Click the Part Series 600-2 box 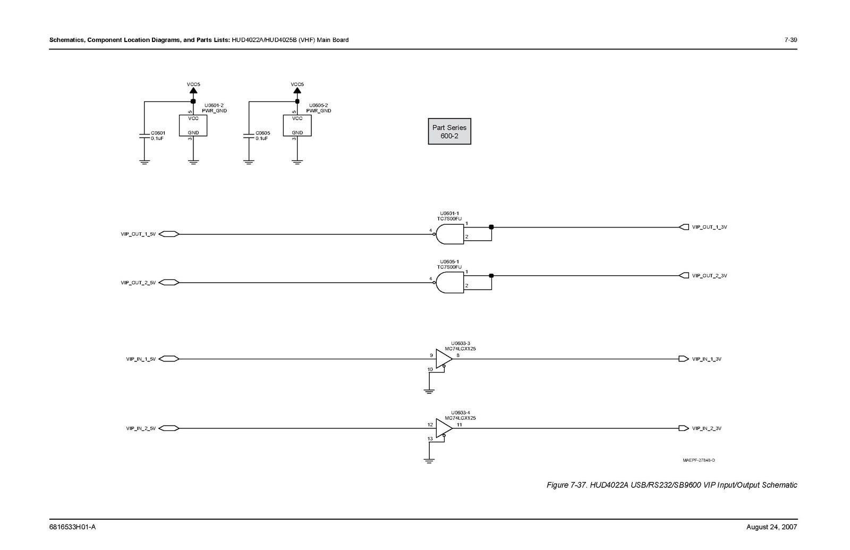click(x=449, y=131)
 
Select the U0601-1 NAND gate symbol click(x=449, y=234)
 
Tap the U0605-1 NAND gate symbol click(x=449, y=283)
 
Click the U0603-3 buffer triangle click(x=443, y=359)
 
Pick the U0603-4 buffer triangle click(x=443, y=428)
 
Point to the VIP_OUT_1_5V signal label click(x=138, y=234)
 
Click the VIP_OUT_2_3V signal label click(x=709, y=276)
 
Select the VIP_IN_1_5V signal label click(x=141, y=359)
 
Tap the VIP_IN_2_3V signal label click(x=707, y=428)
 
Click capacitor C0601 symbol click(x=144, y=136)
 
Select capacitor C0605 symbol click(x=248, y=136)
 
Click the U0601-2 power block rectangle click(x=193, y=125)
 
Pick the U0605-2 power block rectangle click(x=297, y=125)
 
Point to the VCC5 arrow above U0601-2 click(x=193, y=92)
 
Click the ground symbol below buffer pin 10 click(x=429, y=392)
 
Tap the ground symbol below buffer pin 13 click(x=429, y=461)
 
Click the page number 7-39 click(x=790, y=40)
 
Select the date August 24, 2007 click(x=771, y=527)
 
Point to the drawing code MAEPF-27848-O click(x=699, y=460)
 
